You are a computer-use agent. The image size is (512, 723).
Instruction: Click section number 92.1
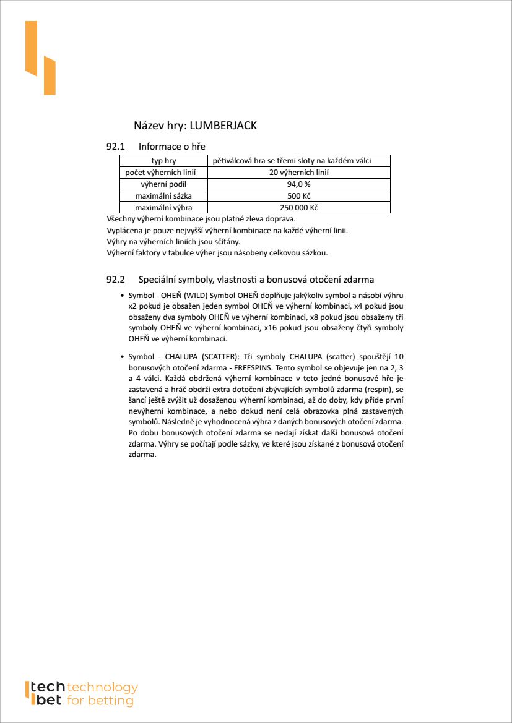[x=116, y=147]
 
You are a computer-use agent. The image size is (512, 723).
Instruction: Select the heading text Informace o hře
[x=172, y=147]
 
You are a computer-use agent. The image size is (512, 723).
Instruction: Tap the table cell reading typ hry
[x=163, y=161]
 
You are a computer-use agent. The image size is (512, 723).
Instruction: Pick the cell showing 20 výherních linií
[x=298, y=173]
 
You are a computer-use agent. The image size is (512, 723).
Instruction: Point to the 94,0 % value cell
[x=298, y=184]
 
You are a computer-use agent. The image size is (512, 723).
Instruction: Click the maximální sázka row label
[x=163, y=196]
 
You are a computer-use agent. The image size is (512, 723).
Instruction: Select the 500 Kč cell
[x=298, y=196]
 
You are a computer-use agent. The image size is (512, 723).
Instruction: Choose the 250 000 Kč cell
[x=298, y=208]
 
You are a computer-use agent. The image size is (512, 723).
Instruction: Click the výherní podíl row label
[x=163, y=184]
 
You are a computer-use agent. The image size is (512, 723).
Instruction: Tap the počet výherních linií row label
[x=163, y=173]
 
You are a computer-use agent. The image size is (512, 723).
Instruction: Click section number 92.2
[x=116, y=280]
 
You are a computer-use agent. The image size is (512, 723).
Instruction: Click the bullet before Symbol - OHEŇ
[x=121, y=296]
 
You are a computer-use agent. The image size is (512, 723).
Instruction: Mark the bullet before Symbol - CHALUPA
[x=121, y=357]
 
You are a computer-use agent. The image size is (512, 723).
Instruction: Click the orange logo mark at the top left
[x=40, y=58]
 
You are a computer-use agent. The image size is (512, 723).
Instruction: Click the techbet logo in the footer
[x=81, y=694]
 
